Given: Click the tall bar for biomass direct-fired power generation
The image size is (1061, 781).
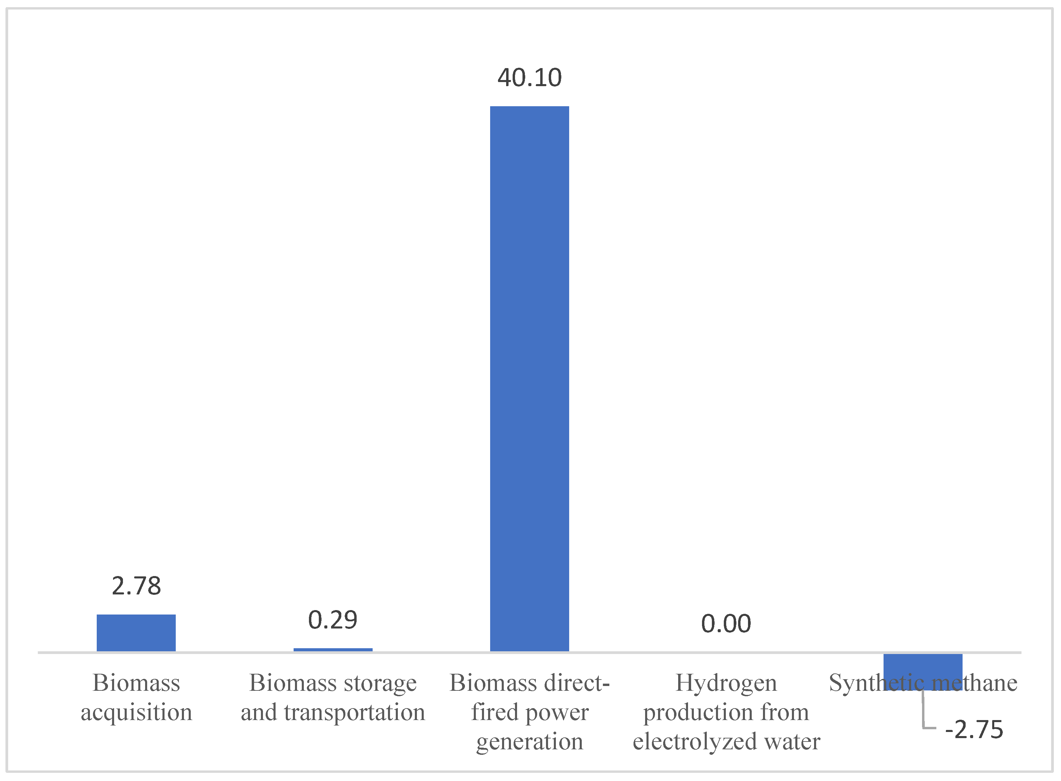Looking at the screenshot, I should pyautogui.click(x=529, y=378).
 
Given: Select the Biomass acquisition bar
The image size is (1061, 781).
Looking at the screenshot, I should pyautogui.click(x=136, y=633).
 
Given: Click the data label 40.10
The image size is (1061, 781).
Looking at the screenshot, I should pyautogui.click(x=529, y=78).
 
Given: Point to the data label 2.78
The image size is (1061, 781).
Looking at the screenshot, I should pyautogui.click(x=136, y=586).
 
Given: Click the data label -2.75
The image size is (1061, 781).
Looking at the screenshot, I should pyautogui.click(x=974, y=730).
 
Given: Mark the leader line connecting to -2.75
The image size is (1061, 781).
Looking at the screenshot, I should pyautogui.click(x=924, y=716).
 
